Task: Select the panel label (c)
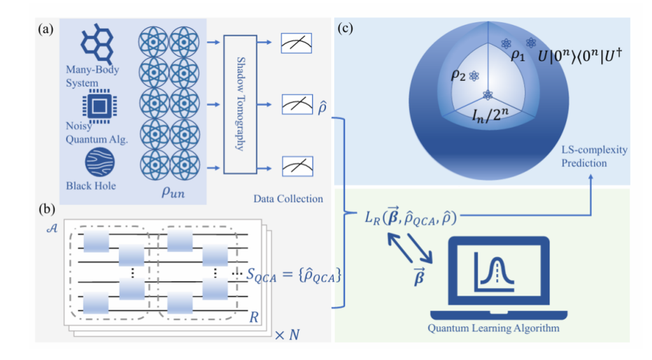[344, 28]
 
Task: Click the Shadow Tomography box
[241, 103]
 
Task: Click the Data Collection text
[288, 199]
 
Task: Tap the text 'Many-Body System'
[92, 76]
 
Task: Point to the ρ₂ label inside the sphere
[457, 75]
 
